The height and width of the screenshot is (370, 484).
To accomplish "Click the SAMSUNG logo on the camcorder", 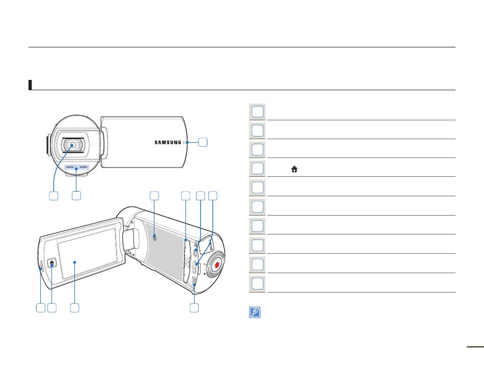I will pos(168,142).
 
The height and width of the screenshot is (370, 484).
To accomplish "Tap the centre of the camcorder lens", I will pos(73,145).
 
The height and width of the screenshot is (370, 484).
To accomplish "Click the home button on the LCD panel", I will pos(52,263).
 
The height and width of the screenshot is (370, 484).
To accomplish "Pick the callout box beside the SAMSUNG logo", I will pos(203,143).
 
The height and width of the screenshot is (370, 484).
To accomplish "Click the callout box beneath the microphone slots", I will pos(76,196).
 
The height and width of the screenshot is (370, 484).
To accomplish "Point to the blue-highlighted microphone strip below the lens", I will pos(76,167).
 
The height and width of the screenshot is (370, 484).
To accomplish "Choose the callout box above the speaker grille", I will pos(154,196).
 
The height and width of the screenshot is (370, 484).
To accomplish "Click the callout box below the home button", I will pos(51,308).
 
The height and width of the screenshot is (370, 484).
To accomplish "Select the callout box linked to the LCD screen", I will pos(75,308).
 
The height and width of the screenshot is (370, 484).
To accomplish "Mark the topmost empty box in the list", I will pos(258,111).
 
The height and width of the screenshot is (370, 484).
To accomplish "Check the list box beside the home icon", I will pos(258,169).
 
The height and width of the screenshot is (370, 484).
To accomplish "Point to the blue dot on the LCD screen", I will pos(75,263).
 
